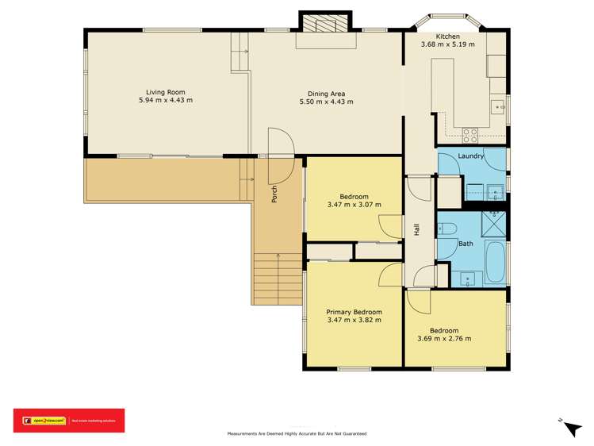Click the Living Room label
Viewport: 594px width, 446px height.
point(165,91)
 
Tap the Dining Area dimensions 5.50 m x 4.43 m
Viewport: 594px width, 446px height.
point(326,102)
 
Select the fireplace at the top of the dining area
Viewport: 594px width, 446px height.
point(319,25)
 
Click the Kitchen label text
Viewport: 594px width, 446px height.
point(447,36)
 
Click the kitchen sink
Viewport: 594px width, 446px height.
point(499,105)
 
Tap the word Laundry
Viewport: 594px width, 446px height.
point(470,156)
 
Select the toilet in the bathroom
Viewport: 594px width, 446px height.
point(446,229)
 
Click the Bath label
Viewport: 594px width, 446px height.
point(466,244)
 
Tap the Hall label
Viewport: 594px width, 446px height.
point(416,229)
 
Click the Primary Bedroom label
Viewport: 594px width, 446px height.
point(354,312)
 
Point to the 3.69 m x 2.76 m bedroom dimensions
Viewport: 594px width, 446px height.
point(444,339)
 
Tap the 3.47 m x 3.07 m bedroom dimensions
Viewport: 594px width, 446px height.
point(354,205)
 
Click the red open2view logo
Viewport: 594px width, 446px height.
point(69,420)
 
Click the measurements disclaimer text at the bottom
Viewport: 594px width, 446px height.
point(297,434)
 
